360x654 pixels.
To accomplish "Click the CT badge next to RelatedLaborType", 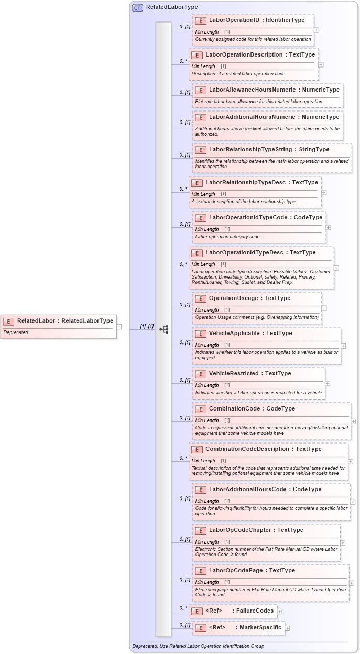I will pyautogui.click(x=137, y=7).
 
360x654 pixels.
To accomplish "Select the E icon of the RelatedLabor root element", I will pyautogui.click(x=8, y=321).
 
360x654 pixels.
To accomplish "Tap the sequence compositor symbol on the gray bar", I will pyautogui.click(x=164, y=329).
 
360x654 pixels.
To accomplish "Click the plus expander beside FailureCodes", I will pyautogui.click(x=279, y=611).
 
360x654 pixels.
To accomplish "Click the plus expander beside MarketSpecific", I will pyautogui.click(x=287, y=628).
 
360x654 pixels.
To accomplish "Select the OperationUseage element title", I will pyautogui.click(x=233, y=298).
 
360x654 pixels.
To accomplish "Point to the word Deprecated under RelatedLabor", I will pyautogui.click(x=16, y=332).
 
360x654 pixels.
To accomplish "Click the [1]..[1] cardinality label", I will pyautogui.click(x=147, y=326).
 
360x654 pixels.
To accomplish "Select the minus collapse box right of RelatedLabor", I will pyautogui.click(x=119, y=326).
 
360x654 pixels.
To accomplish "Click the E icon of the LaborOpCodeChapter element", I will pyautogui.click(x=200, y=530).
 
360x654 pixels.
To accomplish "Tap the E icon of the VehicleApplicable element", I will pyautogui.click(x=200, y=334).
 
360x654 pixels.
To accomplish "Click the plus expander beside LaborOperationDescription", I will pyautogui.click(x=321, y=65).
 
